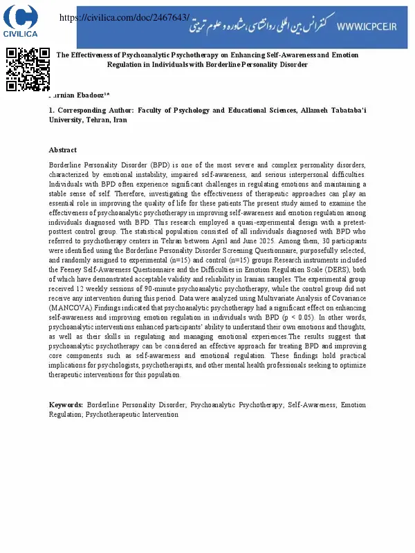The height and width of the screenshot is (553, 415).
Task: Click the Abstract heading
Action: pyautogui.click(x=63, y=150)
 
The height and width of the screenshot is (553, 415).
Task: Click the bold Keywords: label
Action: pyautogui.click(x=66, y=404)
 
